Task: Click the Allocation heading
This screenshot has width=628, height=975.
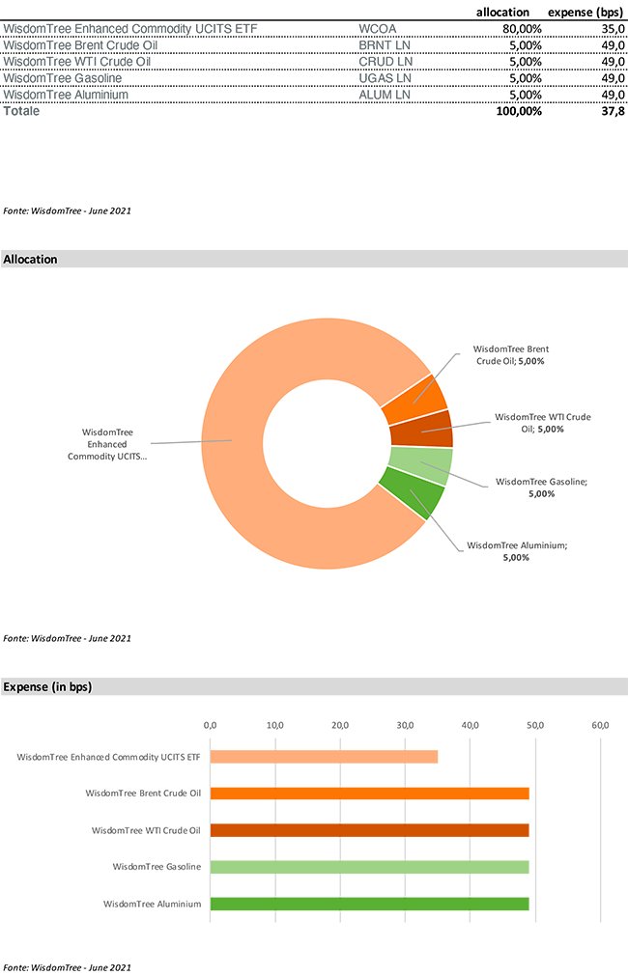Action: tap(31, 260)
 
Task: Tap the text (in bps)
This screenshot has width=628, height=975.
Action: tap(72, 687)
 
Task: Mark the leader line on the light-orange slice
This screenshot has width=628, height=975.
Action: tap(217, 441)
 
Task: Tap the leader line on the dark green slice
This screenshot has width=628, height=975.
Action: tap(420, 501)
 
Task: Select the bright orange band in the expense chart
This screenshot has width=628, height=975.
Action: tap(367, 793)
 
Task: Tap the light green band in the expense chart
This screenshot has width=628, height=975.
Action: tap(367, 867)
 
